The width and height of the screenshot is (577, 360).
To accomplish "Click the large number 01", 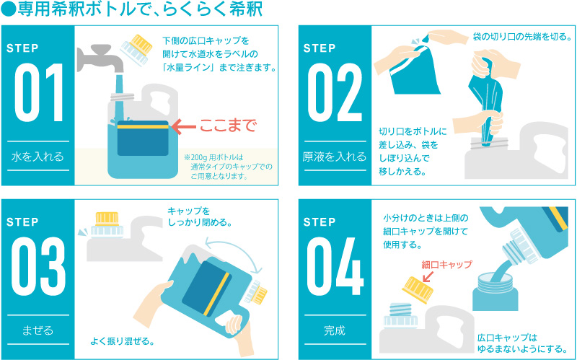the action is point(39,93).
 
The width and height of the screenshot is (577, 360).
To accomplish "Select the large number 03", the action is point(39,267).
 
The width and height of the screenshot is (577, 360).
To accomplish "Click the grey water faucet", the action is point(99,58).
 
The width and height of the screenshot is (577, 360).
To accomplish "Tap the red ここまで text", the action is point(227,126).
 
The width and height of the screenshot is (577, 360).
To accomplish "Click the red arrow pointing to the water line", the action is point(184,126).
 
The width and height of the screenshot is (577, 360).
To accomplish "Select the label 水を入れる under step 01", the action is point(38,157).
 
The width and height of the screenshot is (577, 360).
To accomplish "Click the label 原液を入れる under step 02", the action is point(335,157).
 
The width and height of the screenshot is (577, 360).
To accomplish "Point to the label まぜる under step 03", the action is point(38,330).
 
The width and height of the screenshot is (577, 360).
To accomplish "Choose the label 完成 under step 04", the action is point(335,330).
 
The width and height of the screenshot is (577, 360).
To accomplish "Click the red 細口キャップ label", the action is point(446,265).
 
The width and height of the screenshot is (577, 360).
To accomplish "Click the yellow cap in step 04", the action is point(418,290).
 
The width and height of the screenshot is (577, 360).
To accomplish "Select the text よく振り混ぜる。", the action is point(122,341).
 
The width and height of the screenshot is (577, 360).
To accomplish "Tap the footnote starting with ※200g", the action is point(228,167).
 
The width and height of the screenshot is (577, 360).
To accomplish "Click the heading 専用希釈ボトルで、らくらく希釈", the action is point(132,10).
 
